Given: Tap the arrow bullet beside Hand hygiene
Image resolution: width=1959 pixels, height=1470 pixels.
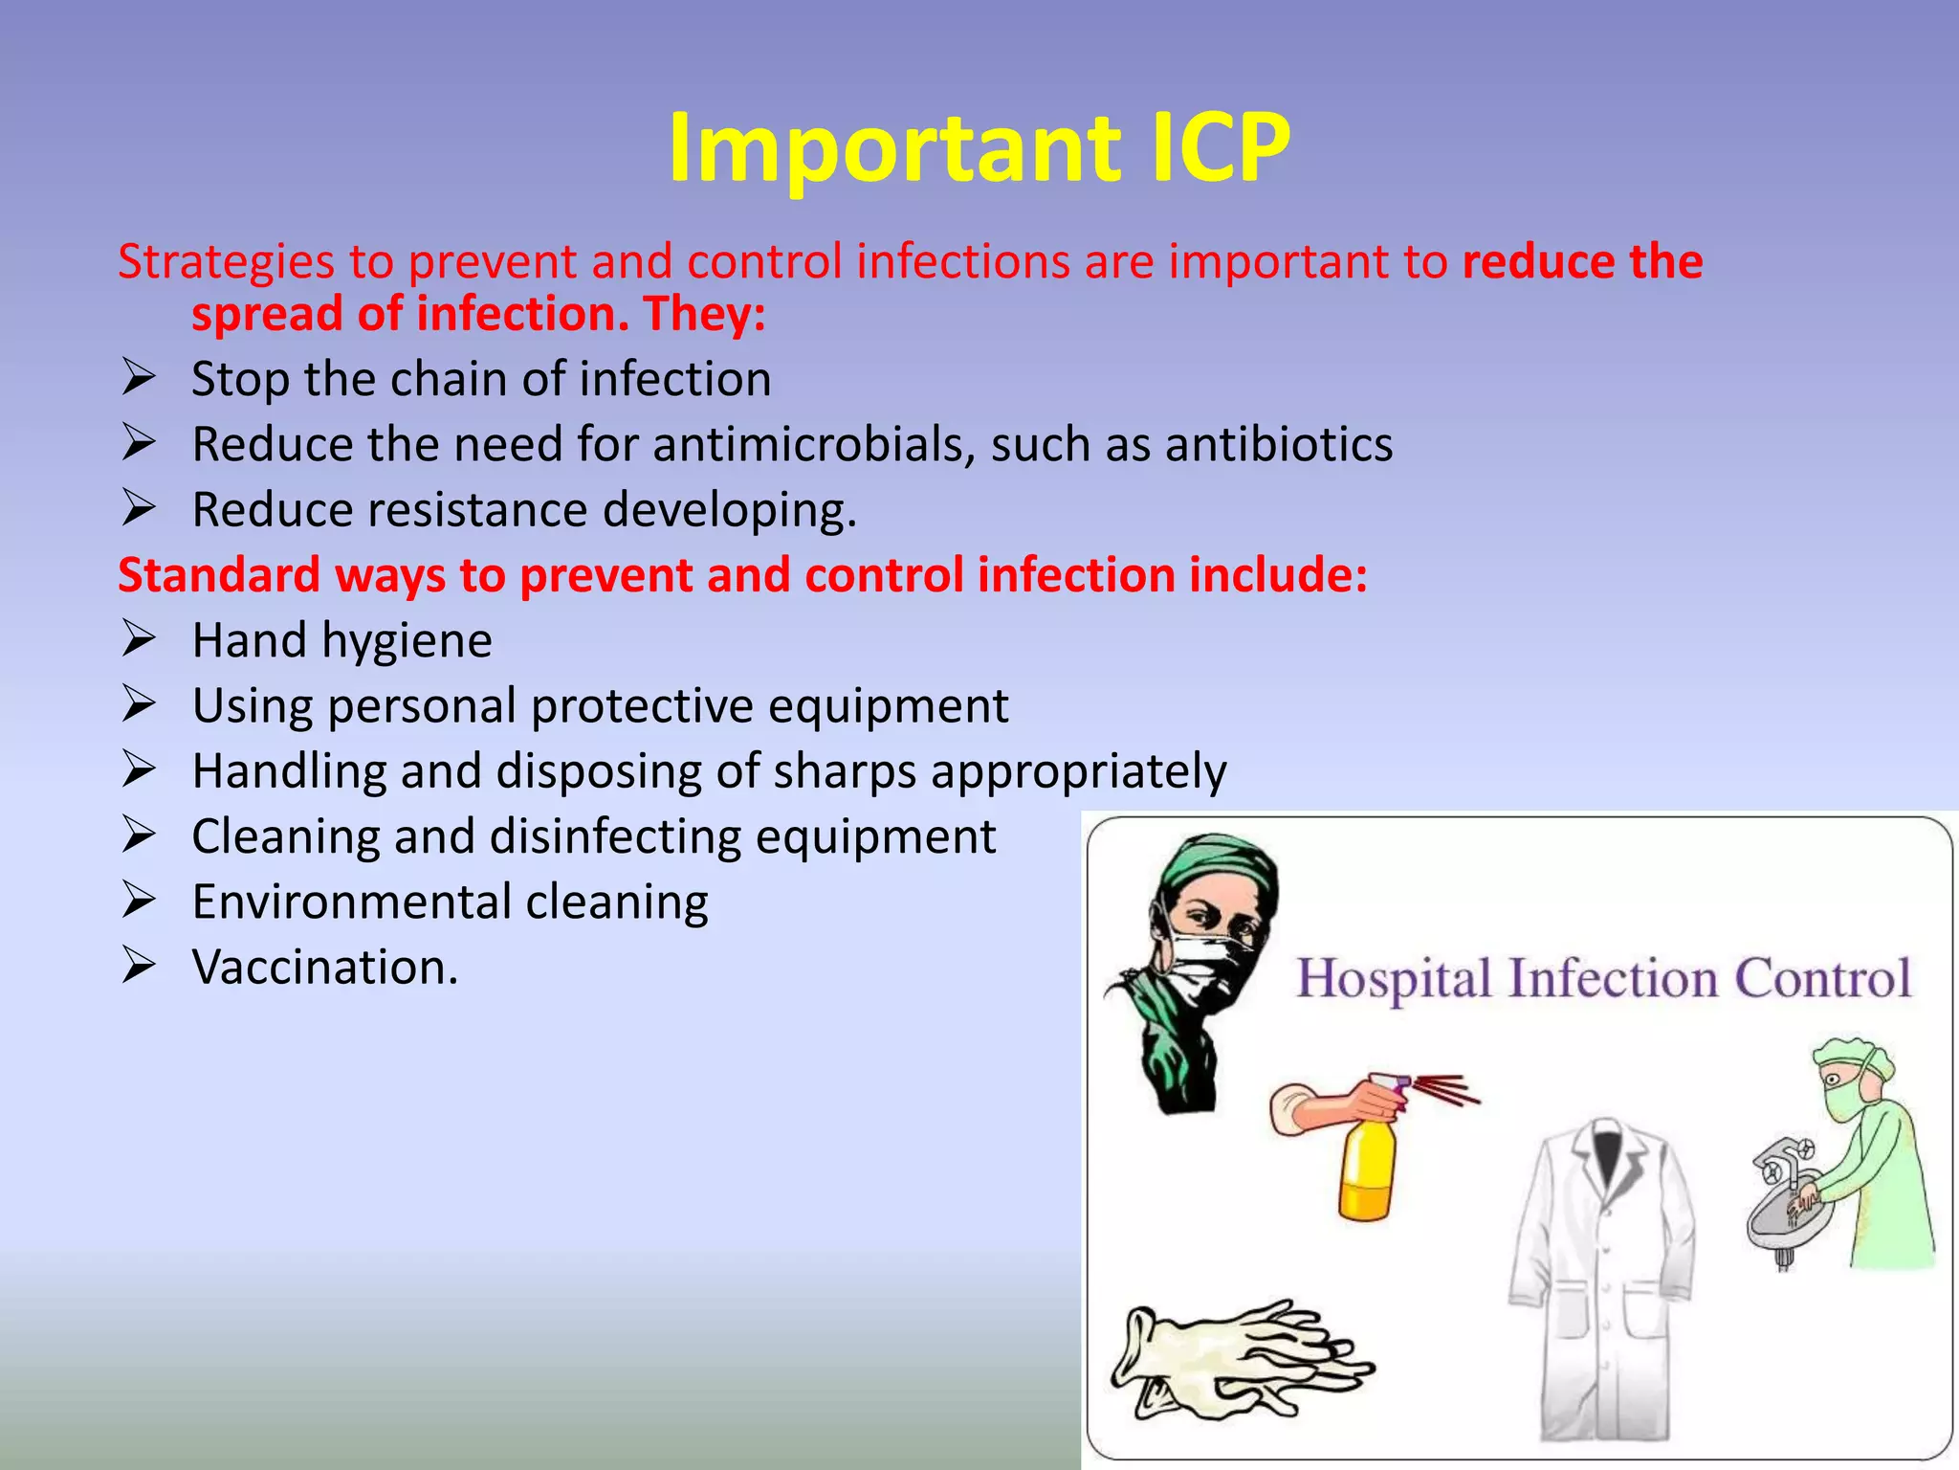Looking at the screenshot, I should (139, 639).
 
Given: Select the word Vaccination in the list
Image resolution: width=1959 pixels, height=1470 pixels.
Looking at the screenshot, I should (325, 967).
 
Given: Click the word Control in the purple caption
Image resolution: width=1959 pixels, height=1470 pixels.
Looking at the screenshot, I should (1822, 978).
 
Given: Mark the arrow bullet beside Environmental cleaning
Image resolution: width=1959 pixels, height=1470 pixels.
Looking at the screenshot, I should (139, 901).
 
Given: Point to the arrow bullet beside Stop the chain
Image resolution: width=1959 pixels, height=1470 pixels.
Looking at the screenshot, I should (139, 378).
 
